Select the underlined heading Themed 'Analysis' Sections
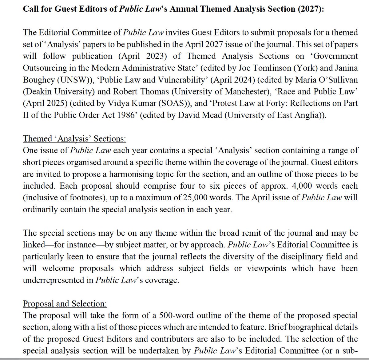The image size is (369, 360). tap(74, 139)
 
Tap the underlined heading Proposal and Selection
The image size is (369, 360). tap(65, 304)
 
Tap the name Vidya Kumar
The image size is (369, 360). tap(117, 103)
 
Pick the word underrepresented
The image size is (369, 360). tap(58, 280)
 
